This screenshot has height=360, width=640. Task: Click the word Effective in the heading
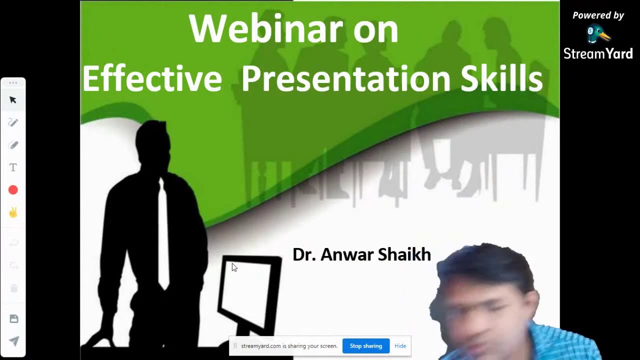click(152, 79)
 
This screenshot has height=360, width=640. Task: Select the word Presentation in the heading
click(345, 79)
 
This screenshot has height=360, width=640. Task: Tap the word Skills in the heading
click(501, 79)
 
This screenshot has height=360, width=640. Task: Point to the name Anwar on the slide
click(346, 254)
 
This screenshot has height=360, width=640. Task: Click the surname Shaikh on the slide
click(404, 254)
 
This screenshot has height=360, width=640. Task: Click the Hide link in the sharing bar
click(400, 346)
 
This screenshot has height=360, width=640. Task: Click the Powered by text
click(598, 15)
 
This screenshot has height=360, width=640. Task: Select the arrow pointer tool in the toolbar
click(13, 100)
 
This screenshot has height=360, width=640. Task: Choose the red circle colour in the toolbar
click(13, 190)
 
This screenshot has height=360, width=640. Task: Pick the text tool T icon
click(13, 167)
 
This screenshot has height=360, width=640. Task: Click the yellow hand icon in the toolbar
click(13, 212)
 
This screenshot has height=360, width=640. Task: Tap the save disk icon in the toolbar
click(13, 319)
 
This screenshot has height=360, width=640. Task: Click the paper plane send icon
click(13, 341)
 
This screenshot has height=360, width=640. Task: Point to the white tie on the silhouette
click(163, 235)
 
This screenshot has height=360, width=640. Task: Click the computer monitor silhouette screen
click(248, 292)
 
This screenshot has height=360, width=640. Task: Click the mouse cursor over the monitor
click(234, 267)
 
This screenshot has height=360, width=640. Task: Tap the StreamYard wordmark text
click(598, 53)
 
